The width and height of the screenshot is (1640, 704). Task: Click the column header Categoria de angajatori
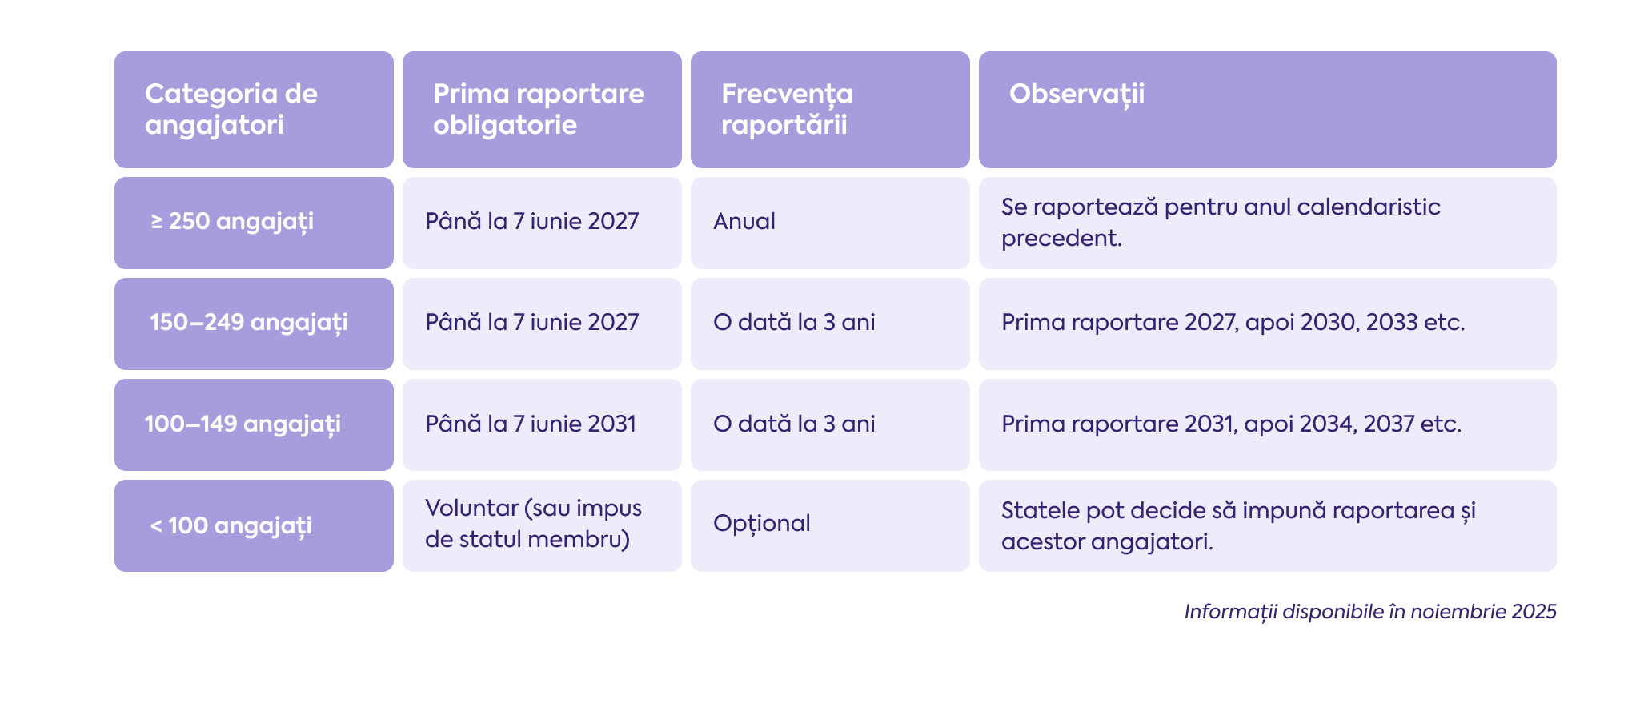coord(253,110)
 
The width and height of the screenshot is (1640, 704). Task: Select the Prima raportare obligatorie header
coord(541,110)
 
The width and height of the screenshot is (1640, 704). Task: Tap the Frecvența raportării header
coord(829,110)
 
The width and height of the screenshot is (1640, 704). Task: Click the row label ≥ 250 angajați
coord(253,222)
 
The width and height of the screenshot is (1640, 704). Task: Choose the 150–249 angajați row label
coord(253,323)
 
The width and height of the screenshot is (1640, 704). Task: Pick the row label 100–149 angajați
coord(253,424)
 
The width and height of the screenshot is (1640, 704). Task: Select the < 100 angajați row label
coord(253,525)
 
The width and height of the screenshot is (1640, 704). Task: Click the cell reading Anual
coord(829,222)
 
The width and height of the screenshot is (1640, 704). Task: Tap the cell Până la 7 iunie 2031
coord(541,424)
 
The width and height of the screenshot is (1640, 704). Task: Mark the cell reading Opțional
coord(829,525)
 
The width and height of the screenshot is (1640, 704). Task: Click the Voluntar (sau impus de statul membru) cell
coord(541,525)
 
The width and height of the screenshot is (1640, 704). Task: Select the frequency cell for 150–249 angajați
coord(829,323)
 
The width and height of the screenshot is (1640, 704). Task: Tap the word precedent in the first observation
coord(1060,239)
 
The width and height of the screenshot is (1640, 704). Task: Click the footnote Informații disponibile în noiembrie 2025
coord(1369,612)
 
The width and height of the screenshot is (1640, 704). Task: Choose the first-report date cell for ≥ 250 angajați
coord(541,222)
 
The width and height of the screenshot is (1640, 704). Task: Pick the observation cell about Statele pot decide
coord(1266,525)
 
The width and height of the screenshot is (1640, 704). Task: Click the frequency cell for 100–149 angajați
coord(829,424)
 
